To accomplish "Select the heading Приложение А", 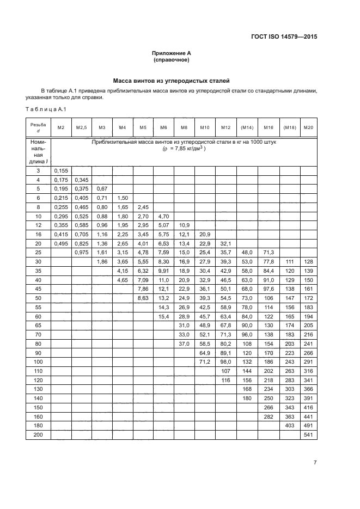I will click(x=172, y=53).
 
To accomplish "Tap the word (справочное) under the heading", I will click(x=172, y=60).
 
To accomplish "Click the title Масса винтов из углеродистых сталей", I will click(x=172, y=80).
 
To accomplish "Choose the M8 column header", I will click(x=184, y=127).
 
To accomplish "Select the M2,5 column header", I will click(x=81, y=127).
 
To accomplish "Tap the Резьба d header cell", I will click(x=38, y=127).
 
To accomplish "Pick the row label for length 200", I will click(x=38, y=435).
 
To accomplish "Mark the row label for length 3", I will click(x=38, y=170).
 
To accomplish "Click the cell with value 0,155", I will click(x=61, y=170).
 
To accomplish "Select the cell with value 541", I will click(x=309, y=435).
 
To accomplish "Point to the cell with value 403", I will click(x=289, y=425).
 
